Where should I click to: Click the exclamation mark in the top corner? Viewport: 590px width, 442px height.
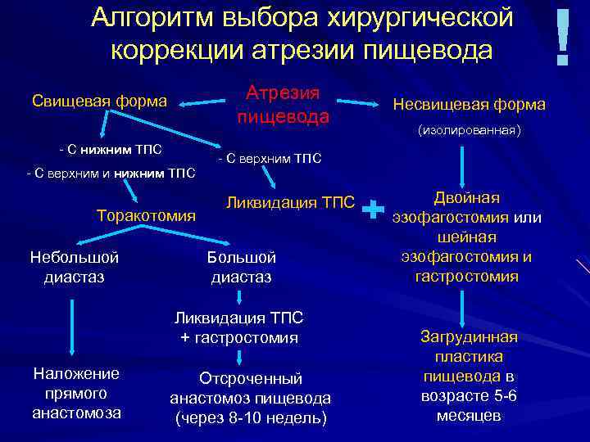562,38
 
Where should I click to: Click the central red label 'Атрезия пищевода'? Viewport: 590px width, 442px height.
283,105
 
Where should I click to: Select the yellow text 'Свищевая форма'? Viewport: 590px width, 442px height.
99,101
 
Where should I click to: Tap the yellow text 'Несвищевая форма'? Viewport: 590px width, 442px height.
469,105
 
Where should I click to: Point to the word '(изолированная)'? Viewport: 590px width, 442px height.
469,130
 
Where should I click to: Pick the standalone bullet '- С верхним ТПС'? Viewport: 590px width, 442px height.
269,158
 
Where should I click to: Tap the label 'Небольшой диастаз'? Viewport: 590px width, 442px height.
75,267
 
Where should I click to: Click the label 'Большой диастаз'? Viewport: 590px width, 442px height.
241,267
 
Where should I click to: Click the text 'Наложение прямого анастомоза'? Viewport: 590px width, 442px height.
76,393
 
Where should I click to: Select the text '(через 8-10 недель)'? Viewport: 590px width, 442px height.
250,417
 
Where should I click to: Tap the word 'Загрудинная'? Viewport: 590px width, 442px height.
469,337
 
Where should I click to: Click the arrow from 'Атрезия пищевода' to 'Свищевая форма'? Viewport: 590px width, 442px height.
204,103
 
